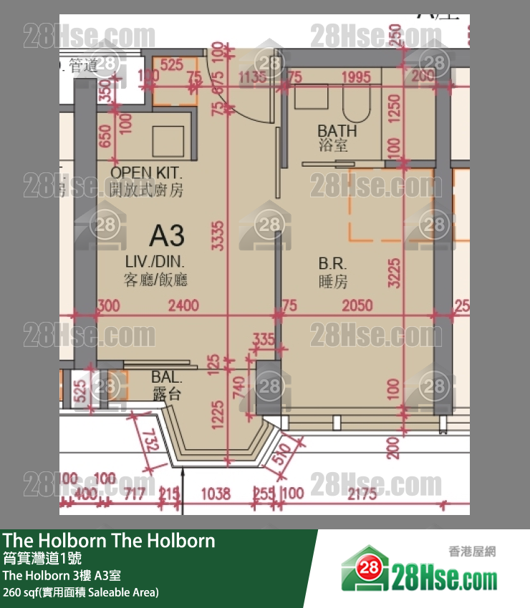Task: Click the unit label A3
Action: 167,235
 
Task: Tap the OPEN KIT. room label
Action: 147,172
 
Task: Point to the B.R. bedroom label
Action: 333,263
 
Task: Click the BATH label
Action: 337,131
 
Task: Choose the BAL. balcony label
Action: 166,377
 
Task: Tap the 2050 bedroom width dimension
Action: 357,306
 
